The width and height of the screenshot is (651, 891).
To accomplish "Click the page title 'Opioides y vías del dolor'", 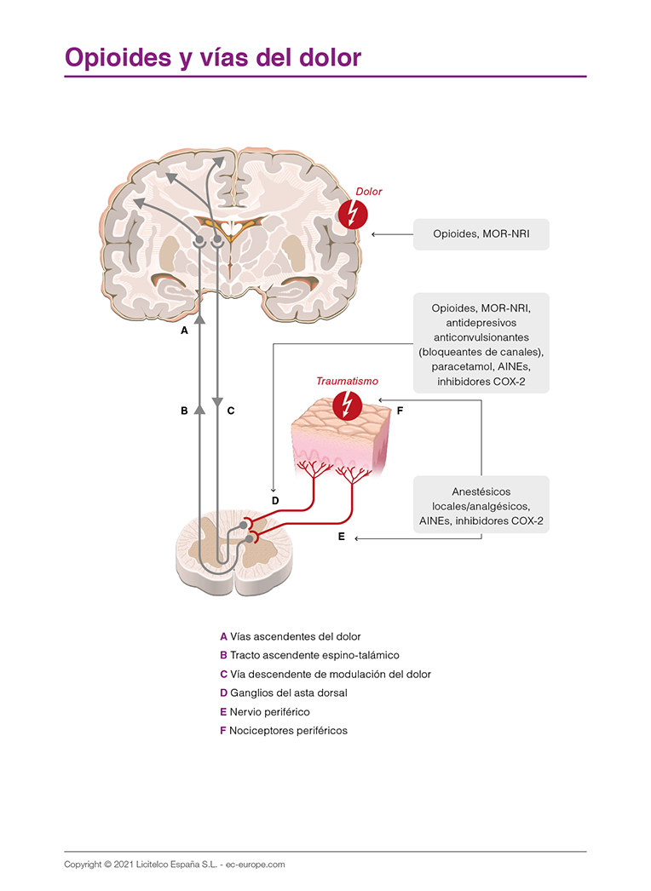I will point(213,57).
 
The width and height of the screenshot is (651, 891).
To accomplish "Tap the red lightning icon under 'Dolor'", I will point(352,214).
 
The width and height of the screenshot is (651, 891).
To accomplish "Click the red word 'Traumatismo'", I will point(347,382).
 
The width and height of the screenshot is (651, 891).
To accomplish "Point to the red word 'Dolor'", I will point(368,192).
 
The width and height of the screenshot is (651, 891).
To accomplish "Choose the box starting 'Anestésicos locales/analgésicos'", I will point(481,505).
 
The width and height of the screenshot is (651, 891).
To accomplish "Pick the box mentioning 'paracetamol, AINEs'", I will point(481,342).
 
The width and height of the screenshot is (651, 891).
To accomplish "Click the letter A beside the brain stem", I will point(184,330).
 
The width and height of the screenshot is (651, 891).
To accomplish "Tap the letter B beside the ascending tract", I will point(184,410).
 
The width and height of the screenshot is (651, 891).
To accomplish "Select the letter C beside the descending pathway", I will point(230,410).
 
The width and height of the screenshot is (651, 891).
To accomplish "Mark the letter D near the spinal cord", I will point(274,501).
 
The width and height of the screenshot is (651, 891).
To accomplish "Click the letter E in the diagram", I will point(341,537).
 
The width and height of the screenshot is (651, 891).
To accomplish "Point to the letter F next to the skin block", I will point(400,410).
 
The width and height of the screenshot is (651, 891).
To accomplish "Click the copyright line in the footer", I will point(175,864).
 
